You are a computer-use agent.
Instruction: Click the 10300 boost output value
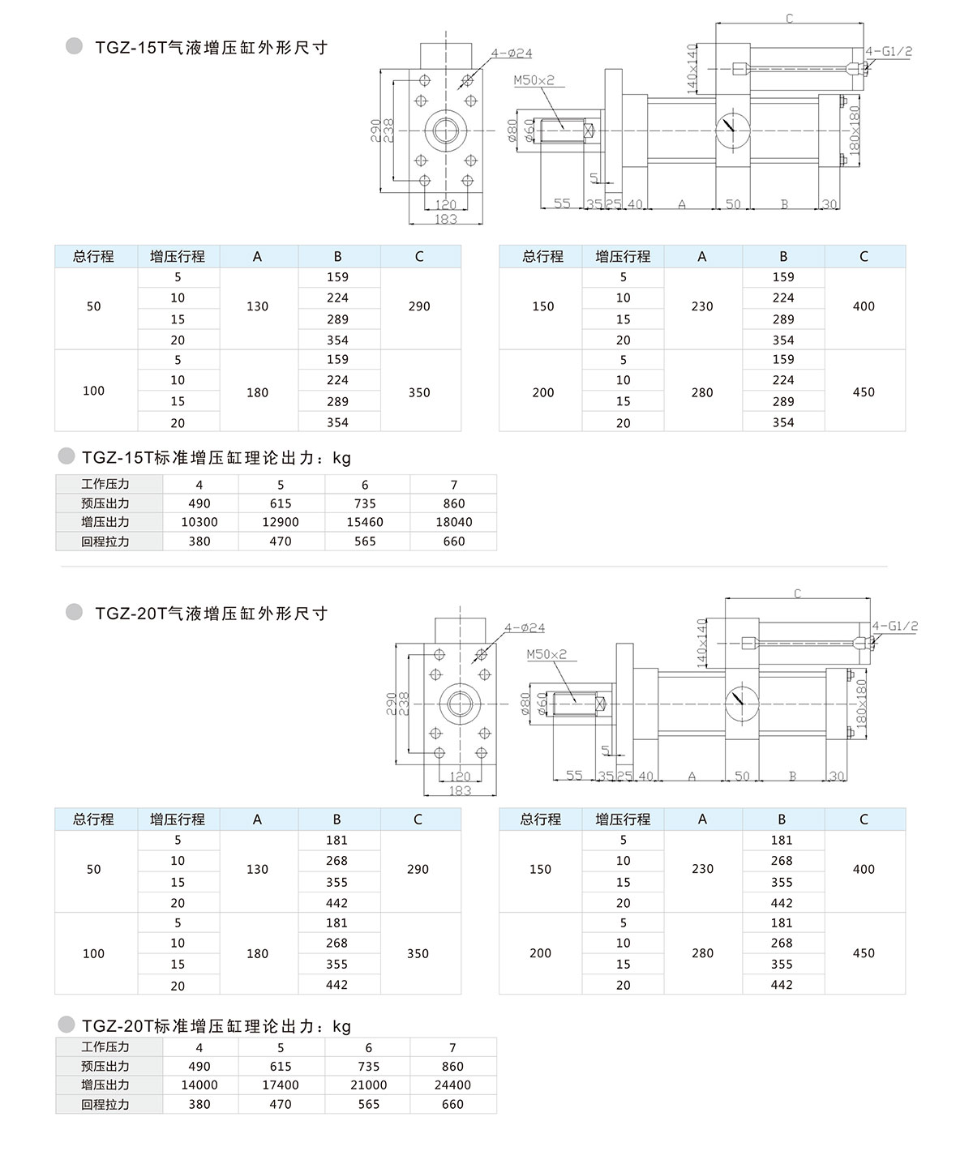(199, 522)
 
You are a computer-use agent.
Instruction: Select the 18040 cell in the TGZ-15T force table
(454, 522)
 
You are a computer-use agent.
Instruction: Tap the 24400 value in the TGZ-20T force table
(453, 1085)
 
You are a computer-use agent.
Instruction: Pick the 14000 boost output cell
(199, 1085)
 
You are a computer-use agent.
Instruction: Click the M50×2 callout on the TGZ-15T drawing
(534, 80)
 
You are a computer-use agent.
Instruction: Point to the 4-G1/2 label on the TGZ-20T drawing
(894, 626)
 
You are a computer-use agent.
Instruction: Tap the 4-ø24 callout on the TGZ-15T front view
(512, 53)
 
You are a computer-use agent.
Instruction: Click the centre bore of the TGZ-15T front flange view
(446, 130)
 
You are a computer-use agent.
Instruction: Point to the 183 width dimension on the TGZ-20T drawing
(460, 790)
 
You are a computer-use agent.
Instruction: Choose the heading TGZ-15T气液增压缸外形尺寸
(211, 48)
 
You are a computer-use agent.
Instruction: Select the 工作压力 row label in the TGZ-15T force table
(105, 484)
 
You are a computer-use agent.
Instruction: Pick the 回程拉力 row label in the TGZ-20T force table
(105, 1104)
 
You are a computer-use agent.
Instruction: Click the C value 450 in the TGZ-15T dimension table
(864, 392)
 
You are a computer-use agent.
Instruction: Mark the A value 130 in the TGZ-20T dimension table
(257, 869)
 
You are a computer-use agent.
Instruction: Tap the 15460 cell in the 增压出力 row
(365, 522)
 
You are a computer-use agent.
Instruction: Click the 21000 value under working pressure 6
(368, 1085)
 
